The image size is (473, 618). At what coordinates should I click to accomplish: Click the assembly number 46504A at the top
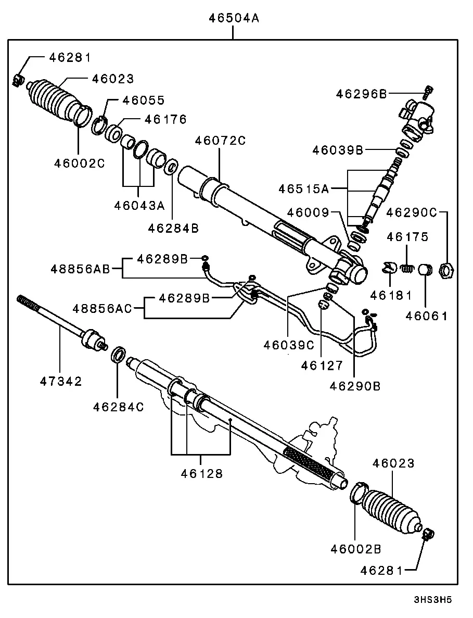(x=234, y=18)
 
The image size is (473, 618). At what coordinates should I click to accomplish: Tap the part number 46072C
(x=220, y=141)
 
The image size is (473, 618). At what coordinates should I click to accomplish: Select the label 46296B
(x=361, y=94)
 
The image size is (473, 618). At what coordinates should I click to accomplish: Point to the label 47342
(x=61, y=381)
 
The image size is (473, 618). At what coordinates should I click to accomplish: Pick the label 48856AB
(x=80, y=269)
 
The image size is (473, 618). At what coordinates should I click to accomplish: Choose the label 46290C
(x=412, y=212)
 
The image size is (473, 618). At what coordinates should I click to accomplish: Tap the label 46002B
(x=355, y=549)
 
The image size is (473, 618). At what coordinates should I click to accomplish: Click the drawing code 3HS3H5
(x=432, y=600)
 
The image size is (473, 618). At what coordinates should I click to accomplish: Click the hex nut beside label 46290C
(x=446, y=270)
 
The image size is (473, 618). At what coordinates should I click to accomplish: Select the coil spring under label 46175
(x=407, y=269)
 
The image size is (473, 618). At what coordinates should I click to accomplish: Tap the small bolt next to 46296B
(x=428, y=92)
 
